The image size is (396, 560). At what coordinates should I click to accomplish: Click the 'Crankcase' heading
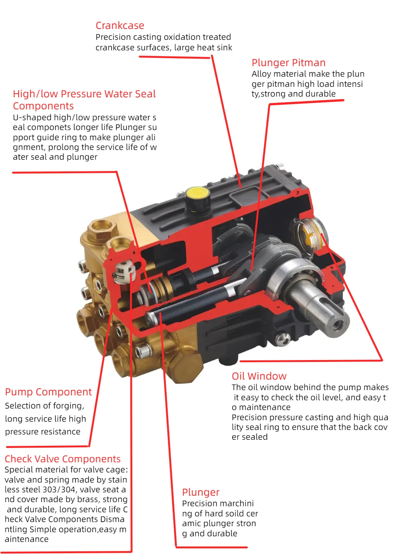coord(120,25)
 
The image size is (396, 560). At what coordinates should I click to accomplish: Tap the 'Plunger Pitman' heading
coord(288,62)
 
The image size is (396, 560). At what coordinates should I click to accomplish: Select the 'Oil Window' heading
coord(259,376)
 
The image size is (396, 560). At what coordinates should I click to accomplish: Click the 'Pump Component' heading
coord(48,392)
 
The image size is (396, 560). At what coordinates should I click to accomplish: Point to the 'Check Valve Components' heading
coord(62,459)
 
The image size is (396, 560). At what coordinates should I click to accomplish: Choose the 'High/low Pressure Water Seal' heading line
coord(84,94)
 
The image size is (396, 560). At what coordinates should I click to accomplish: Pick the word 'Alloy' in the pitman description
coord(261,74)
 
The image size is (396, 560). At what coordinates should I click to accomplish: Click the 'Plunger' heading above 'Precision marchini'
coord(200,492)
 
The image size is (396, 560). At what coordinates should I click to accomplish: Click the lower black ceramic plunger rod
coord(188,305)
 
